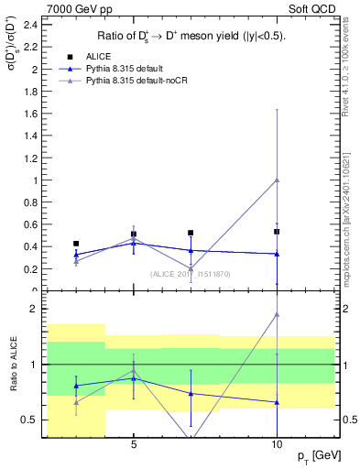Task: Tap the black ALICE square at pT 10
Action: click(277, 232)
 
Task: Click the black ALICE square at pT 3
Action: click(76, 244)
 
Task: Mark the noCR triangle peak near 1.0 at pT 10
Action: click(277, 180)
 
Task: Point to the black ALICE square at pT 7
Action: click(191, 233)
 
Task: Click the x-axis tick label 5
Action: click(134, 444)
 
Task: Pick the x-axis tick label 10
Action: click(277, 444)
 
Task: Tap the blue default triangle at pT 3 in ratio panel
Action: click(76, 386)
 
